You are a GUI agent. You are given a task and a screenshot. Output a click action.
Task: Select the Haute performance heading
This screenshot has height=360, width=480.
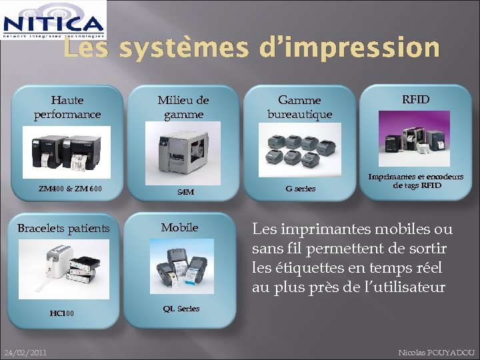(67, 107)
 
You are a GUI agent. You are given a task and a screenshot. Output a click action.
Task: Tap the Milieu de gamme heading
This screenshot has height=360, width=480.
(183, 107)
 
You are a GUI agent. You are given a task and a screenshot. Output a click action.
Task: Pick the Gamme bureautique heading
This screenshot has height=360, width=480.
(299, 107)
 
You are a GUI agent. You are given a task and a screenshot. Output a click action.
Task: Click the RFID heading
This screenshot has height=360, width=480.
(415, 100)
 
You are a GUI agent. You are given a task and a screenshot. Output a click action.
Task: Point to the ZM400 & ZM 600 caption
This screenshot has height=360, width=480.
(70, 189)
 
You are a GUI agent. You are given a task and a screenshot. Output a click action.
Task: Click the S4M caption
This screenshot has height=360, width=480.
(186, 192)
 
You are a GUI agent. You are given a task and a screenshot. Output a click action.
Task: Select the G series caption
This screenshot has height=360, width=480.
(301, 189)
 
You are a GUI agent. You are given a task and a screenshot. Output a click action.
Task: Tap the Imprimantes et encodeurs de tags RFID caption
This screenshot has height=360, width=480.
(417, 181)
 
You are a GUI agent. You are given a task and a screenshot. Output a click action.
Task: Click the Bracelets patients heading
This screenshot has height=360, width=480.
(63, 229)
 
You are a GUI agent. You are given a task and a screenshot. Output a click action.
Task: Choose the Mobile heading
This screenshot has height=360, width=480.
(179, 227)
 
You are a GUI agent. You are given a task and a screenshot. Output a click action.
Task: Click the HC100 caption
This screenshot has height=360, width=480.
(62, 313)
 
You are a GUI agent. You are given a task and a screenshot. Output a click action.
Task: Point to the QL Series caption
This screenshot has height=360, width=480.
(181, 309)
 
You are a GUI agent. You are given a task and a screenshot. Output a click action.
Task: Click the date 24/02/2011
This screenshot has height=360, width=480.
(25, 352)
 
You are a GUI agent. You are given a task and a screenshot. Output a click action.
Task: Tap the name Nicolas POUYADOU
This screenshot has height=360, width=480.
(436, 352)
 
